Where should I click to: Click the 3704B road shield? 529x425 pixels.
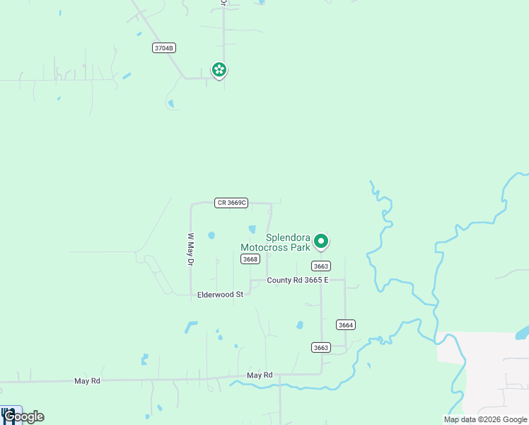click(x=163, y=48)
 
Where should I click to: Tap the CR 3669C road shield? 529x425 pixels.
click(x=231, y=203)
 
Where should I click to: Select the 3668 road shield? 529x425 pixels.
click(x=250, y=259)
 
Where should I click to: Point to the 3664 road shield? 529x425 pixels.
click(x=345, y=324)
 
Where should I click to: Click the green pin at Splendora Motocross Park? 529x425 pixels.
click(x=321, y=242)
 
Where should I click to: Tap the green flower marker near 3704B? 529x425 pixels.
click(x=219, y=69)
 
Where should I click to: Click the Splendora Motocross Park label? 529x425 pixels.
click(x=276, y=243)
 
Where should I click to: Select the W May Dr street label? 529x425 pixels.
click(x=190, y=249)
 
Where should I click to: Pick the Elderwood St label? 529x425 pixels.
click(x=220, y=294)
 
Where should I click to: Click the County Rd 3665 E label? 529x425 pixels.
click(x=298, y=280)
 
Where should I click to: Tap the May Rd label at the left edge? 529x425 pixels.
click(x=87, y=381)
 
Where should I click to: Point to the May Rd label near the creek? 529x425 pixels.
click(x=260, y=375)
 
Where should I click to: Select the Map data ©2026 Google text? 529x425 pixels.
click(x=486, y=419)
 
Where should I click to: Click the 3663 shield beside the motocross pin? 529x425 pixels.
click(x=320, y=266)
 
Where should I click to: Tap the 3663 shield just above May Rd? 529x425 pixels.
click(x=320, y=346)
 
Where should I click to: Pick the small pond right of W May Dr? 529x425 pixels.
click(x=211, y=235)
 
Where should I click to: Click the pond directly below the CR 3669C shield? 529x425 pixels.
click(x=252, y=229)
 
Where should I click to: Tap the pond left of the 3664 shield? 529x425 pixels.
click(x=300, y=325)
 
